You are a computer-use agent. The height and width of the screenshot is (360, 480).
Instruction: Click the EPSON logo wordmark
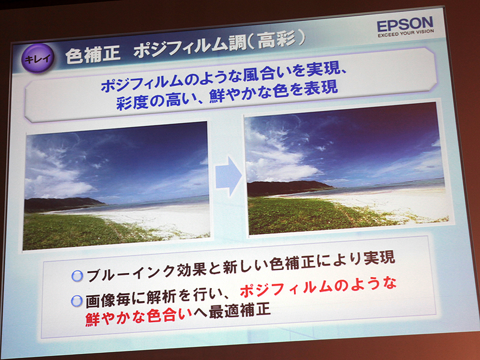[x=405, y=25]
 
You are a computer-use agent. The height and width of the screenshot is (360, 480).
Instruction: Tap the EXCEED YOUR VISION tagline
[x=405, y=35]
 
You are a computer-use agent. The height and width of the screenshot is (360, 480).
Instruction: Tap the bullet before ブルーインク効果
[x=76, y=276]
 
